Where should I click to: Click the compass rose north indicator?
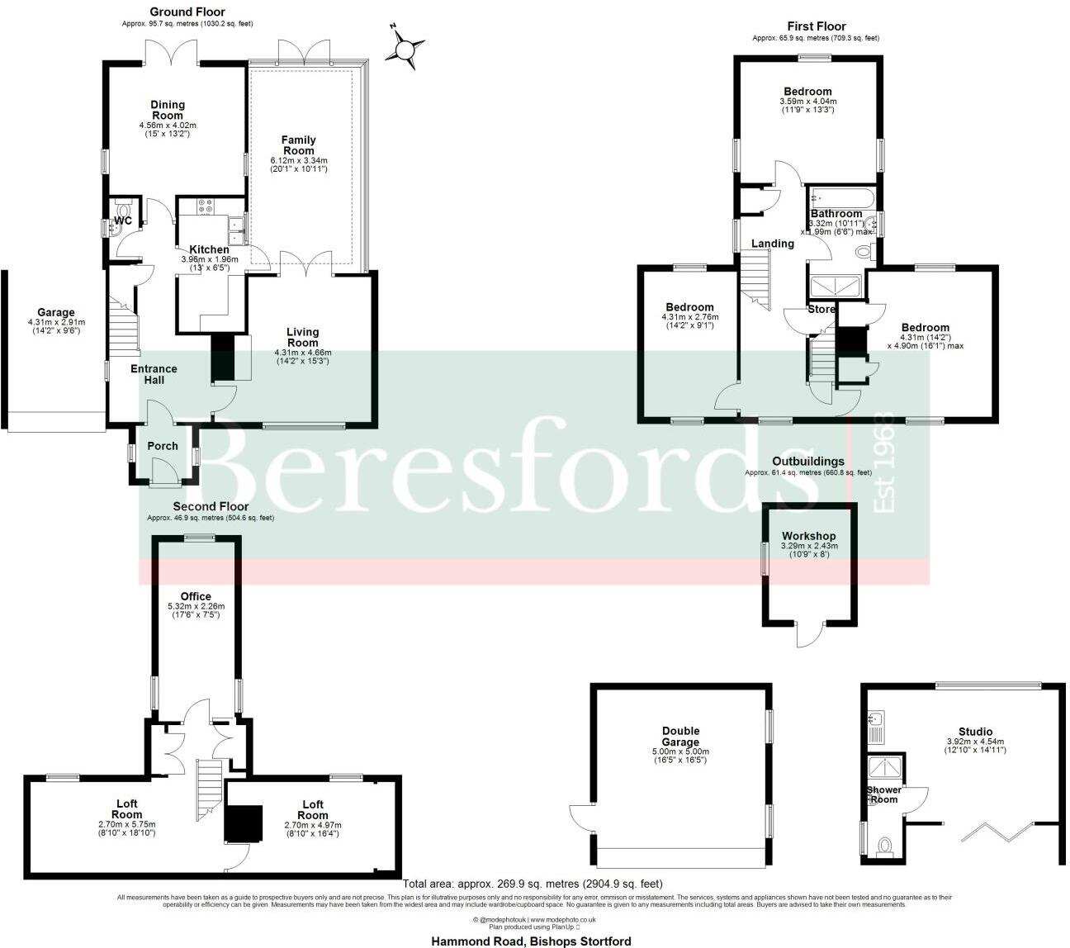(404, 49)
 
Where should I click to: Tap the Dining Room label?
(168, 110)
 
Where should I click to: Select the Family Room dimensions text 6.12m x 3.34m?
(298, 160)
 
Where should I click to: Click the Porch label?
(163, 446)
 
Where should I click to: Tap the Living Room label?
(302, 337)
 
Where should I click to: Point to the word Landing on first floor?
(773, 244)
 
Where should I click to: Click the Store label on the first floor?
(821, 309)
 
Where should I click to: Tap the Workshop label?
(809, 536)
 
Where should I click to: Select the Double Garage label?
(680, 736)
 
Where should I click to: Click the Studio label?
(975, 731)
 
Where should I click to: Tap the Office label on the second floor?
(196, 596)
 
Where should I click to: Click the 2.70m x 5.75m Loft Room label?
(126, 808)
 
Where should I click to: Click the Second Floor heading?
(211, 506)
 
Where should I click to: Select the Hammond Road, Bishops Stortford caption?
(532, 941)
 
